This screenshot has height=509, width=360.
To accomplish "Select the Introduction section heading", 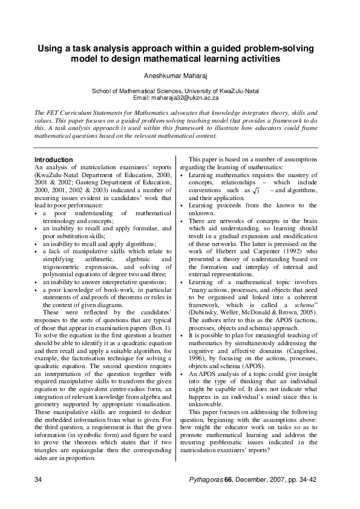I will (54, 160).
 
